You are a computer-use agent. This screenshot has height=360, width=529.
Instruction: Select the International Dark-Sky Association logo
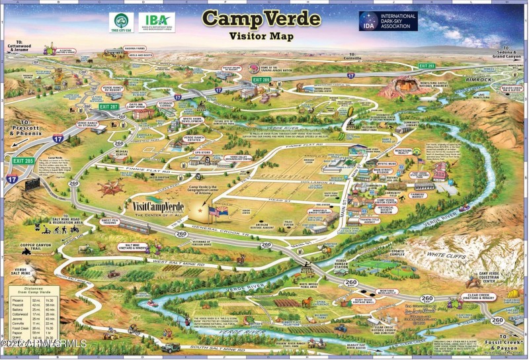[x=388, y=21]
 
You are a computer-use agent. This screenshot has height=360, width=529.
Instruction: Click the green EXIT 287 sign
[x=108, y=106]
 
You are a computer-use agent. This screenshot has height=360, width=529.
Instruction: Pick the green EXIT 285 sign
[x=22, y=160]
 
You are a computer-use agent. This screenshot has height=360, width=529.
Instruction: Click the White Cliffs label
[x=444, y=254]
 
